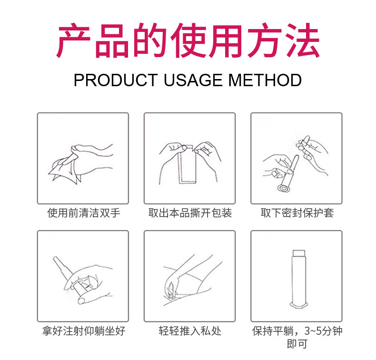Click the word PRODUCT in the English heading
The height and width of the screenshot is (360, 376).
click(x=116, y=80)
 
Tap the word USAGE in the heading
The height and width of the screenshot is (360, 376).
click(x=193, y=80)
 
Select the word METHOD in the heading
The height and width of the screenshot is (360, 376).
click(x=265, y=80)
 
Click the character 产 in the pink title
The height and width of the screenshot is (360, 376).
click(x=73, y=40)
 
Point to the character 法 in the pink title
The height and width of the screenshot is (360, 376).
click(x=303, y=40)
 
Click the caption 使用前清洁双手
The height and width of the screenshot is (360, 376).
click(x=84, y=213)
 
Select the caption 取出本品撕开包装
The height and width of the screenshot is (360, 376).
click(x=190, y=213)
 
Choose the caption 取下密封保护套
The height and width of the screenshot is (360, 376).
click(x=297, y=213)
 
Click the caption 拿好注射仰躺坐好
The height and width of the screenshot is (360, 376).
click(x=84, y=331)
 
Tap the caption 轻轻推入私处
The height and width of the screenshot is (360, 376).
click(x=190, y=331)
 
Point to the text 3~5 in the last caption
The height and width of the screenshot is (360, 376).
click(x=313, y=331)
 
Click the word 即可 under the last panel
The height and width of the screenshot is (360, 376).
click(x=297, y=344)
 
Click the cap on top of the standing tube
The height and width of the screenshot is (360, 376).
click(x=299, y=253)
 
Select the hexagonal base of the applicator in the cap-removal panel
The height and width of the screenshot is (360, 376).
click(x=284, y=188)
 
